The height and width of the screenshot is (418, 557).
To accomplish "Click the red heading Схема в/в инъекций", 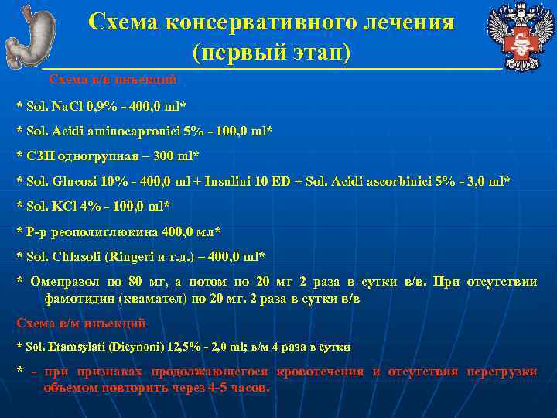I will point(113,79).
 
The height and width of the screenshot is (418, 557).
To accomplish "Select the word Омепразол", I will point(65,282).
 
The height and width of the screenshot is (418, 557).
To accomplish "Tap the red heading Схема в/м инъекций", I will point(81,323).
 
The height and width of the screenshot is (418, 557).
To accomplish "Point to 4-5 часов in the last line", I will point(239,388).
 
